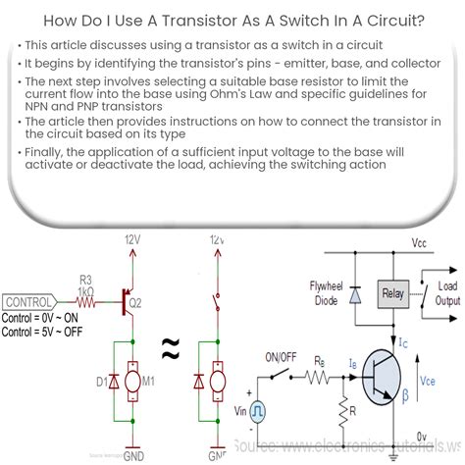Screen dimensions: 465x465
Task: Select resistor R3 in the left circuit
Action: (86, 301)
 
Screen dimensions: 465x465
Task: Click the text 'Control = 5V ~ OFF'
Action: (51, 330)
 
